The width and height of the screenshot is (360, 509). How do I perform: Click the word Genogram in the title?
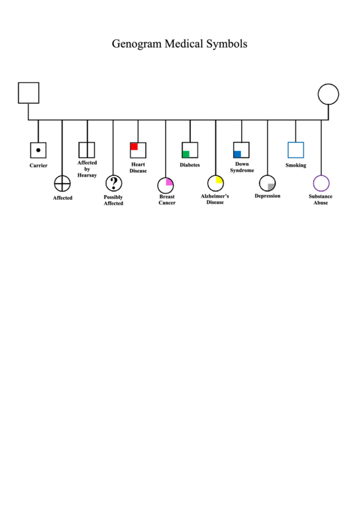[137, 44]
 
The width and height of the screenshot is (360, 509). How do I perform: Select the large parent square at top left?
[29, 83]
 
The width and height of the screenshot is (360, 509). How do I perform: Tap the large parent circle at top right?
[328, 84]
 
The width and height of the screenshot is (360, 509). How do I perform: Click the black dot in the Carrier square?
[38, 150]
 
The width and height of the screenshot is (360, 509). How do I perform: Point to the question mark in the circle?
[113, 183]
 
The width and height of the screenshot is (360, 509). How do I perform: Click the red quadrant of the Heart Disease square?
[134, 146]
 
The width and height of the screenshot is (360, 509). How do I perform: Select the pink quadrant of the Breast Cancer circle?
[169, 182]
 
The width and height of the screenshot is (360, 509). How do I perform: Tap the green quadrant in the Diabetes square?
[186, 154]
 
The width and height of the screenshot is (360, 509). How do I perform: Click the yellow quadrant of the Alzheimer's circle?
[219, 180]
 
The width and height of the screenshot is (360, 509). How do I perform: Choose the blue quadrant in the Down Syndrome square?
[238, 154]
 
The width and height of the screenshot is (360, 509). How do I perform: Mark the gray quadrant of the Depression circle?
[271, 187]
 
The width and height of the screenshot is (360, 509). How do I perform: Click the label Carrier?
[39, 166]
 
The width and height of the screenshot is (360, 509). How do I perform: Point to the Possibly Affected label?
[113, 200]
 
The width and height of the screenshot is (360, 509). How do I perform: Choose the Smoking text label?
[295, 165]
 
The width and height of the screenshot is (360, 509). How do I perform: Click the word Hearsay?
[87, 175]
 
